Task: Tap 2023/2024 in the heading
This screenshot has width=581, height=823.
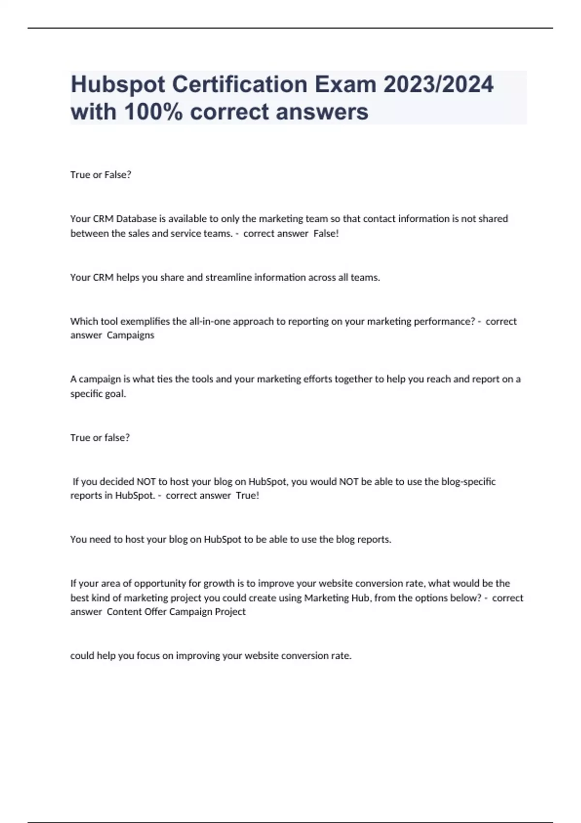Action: (438, 85)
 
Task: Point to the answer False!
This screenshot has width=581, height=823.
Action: (326, 233)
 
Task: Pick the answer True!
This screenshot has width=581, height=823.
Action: (247, 496)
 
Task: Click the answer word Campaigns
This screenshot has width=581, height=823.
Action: (130, 335)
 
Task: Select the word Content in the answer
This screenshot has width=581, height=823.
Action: (124, 612)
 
